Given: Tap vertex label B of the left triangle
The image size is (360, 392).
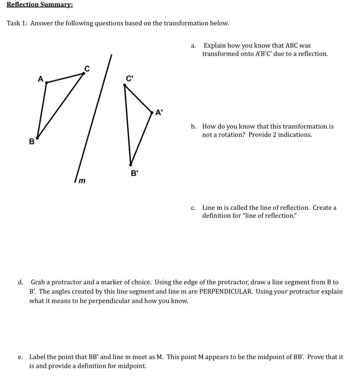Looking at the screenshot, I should click(31, 142).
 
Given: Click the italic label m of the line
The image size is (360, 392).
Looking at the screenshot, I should click(82, 180).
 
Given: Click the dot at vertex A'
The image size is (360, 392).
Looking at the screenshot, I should click(152, 113).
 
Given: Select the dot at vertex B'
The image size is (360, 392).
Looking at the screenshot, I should click(131, 164).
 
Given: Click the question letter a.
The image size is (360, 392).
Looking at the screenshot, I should click(193, 46).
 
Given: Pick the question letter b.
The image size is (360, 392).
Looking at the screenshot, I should click(194, 127).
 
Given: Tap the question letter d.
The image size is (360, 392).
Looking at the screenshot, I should click(21, 283).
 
